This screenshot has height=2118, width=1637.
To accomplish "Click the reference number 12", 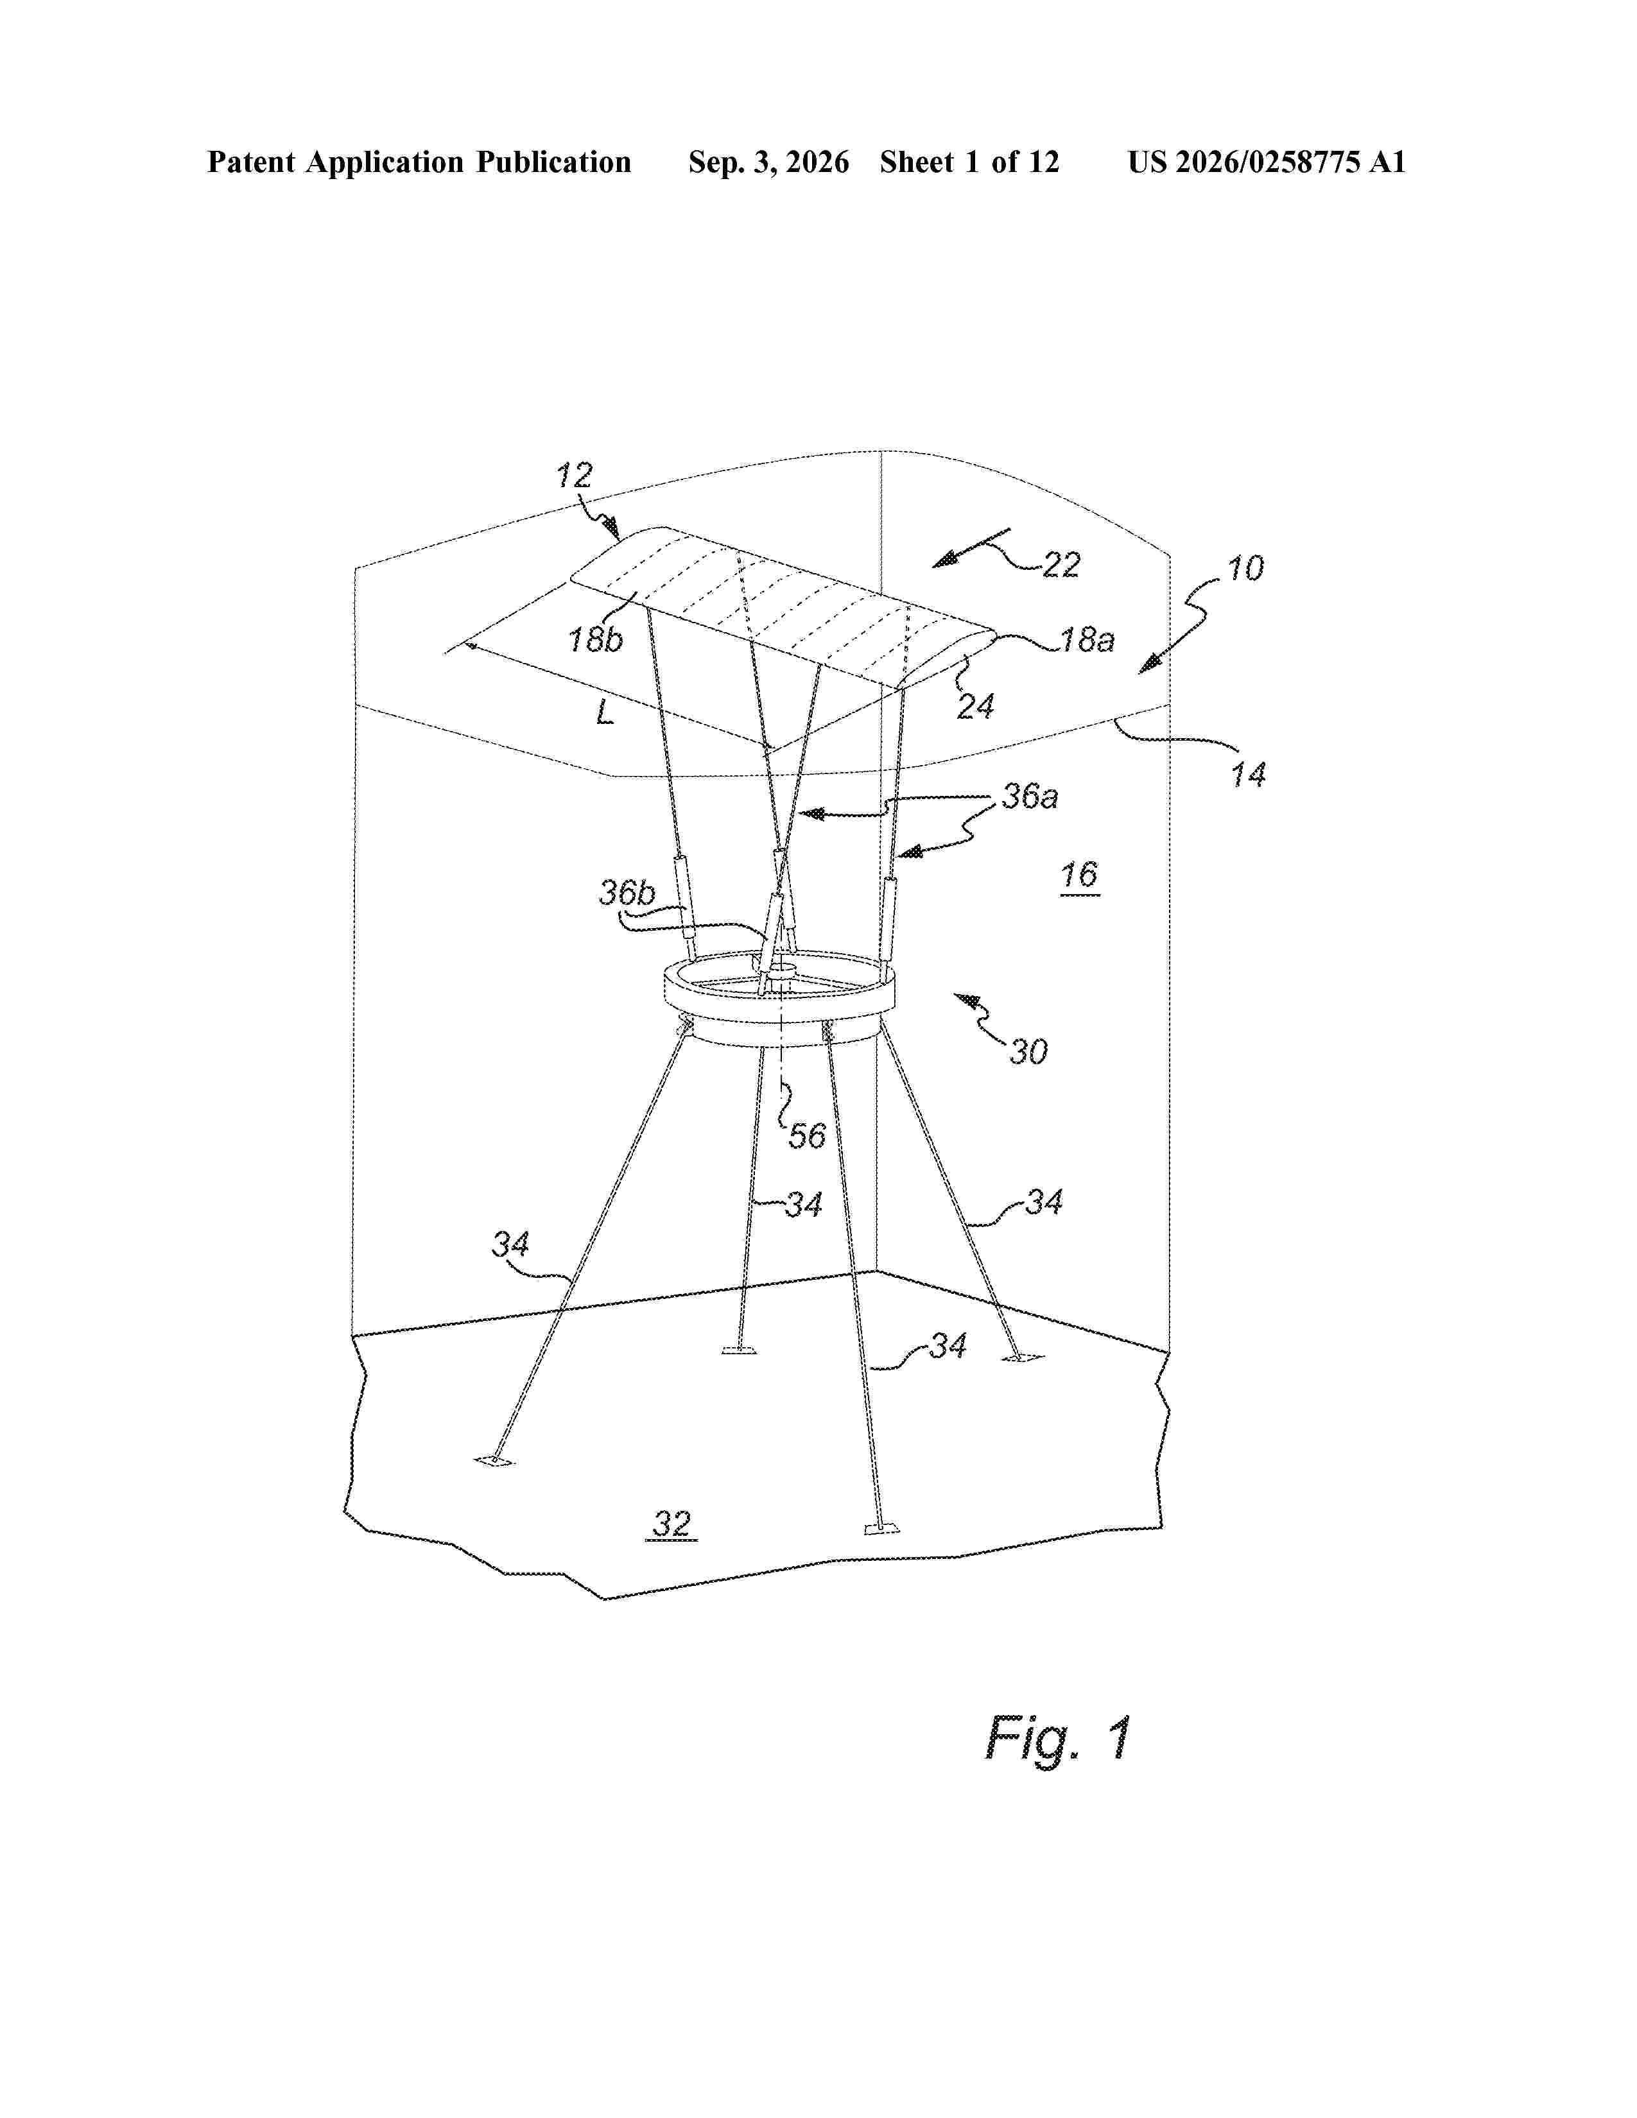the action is tap(573, 475).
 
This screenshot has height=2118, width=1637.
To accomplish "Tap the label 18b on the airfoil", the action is tap(596, 640).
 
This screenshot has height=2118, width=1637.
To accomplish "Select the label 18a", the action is tap(1087, 640).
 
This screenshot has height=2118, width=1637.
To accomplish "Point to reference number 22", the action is tap(1061, 564).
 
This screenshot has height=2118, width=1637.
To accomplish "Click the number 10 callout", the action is tap(1245, 567).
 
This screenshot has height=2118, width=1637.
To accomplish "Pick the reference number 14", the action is tap(1248, 774).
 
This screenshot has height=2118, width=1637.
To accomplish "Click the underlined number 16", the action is tap(1078, 875).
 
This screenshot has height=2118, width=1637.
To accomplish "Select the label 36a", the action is tap(1030, 796).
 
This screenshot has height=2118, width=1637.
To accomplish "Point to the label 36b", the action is tap(627, 892).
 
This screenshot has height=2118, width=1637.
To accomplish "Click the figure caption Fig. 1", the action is tap(1058, 1738).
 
